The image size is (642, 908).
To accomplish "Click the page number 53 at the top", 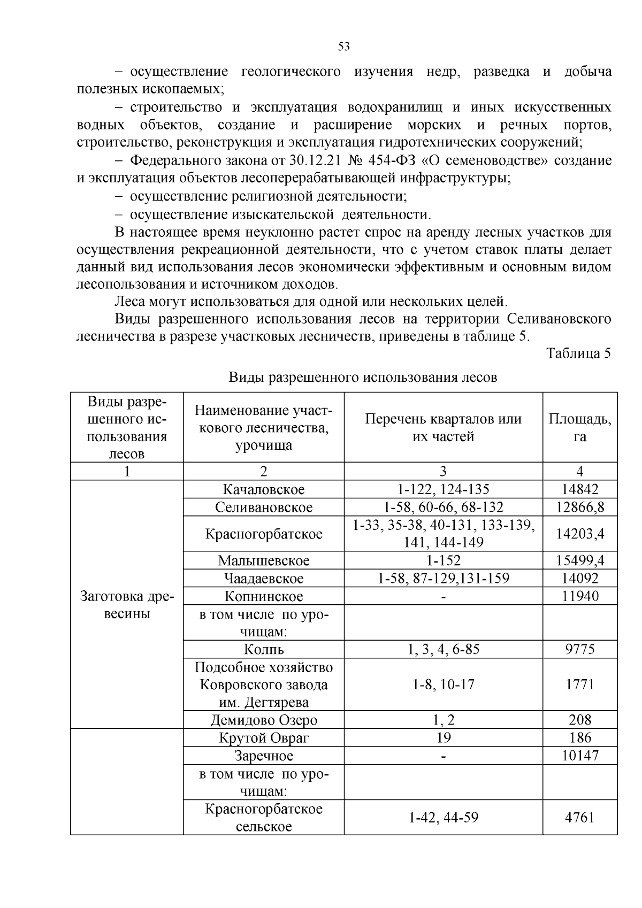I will pos(344,47).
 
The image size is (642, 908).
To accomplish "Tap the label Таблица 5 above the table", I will pos(578,353).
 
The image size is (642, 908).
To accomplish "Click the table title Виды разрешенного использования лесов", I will pos(363,378).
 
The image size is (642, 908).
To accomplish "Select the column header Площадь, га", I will pos(580,427).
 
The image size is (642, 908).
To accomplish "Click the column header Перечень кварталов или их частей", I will pos(443,427).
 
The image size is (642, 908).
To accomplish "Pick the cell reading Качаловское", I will pos(264,489).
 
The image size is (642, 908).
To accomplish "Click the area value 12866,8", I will pos(580,507).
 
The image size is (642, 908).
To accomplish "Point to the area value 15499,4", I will pos(580,560).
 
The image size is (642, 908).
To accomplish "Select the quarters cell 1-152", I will pos(443,560).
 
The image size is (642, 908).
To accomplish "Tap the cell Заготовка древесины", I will pos(127,605).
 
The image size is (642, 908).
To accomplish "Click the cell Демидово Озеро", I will pos(264,720).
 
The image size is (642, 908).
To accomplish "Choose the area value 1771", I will pos(580,684).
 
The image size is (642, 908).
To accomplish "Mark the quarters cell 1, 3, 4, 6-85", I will pos(443,649).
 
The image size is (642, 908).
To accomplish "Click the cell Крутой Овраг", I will pos(264,738).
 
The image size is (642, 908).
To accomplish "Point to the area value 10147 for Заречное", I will pos(580,756).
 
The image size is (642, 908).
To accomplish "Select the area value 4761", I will pos(580,818).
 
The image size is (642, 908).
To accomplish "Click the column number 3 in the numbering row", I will pos(443,471).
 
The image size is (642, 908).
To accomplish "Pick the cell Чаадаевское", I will pos(264,578).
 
